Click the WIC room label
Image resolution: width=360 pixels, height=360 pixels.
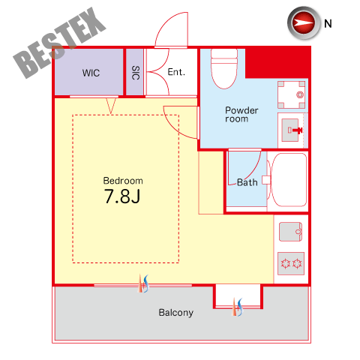coord(91,73)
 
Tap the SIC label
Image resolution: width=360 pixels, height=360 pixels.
coord(136,73)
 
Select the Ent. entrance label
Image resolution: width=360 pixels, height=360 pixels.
coord(176,72)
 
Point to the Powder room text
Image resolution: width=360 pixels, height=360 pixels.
coord(241,115)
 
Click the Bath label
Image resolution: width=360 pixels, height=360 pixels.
coord(247,182)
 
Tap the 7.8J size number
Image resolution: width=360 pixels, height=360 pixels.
coord(122,196)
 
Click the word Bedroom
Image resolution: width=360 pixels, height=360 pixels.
coord(123,181)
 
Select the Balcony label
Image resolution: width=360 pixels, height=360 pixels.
coord(176,313)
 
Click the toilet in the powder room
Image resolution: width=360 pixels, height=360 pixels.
coord(224,68)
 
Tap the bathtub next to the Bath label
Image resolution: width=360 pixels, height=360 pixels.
coord(289,180)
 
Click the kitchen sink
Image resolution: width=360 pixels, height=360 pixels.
coord(290,232)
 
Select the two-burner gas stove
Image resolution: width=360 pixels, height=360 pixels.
coord(291,263)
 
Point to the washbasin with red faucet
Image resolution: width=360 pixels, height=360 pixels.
coord(291,130)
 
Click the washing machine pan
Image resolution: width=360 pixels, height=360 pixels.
coord(291,94)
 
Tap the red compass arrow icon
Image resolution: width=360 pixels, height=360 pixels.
coord(304,22)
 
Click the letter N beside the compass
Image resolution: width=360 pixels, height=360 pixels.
coord(328,24)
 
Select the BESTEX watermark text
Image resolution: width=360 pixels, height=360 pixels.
coord(60,43)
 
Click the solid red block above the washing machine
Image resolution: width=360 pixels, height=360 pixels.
coord(277,62)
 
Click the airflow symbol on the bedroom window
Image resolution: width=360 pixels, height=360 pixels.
coord(144,283)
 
